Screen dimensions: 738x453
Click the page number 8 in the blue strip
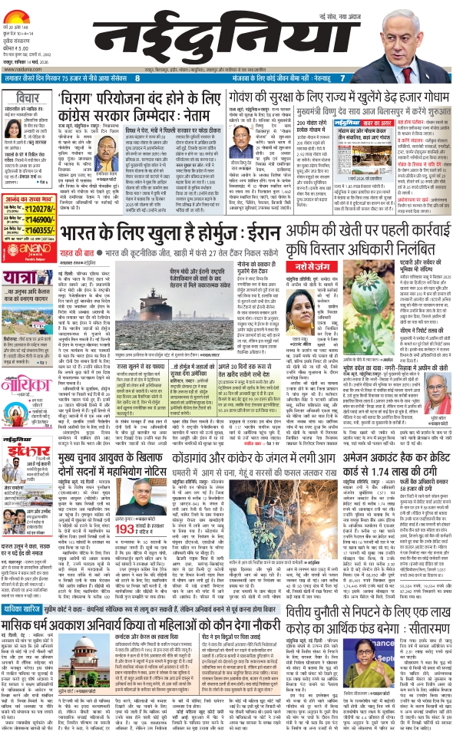click(x=137, y=78)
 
